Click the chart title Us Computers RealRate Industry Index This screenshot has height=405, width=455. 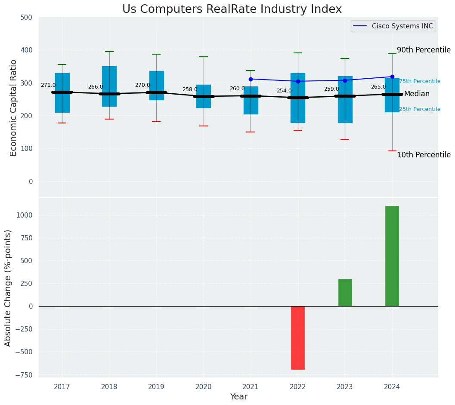[232, 9]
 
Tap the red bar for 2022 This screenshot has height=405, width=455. [298, 337]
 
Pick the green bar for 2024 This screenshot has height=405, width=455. [392, 256]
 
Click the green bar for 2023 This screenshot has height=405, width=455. [345, 292]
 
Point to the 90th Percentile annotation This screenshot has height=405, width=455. [423, 50]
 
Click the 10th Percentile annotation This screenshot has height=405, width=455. [423, 155]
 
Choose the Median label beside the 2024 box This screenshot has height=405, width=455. [417, 94]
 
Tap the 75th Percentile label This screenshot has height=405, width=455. [419, 81]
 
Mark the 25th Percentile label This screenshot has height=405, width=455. [419, 109]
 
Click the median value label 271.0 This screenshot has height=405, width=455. [48, 85]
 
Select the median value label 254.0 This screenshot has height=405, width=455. [284, 91]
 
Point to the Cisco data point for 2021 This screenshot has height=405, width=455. [251, 79]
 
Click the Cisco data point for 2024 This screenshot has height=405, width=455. [392, 77]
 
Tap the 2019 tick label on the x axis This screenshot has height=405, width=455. [156, 387]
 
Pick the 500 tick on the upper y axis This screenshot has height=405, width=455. [26, 18]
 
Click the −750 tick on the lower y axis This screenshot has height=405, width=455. [24, 375]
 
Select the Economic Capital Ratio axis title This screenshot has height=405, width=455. [14, 107]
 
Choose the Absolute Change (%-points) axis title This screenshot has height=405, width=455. [8, 288]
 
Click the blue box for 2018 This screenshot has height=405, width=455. [109, 86]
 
